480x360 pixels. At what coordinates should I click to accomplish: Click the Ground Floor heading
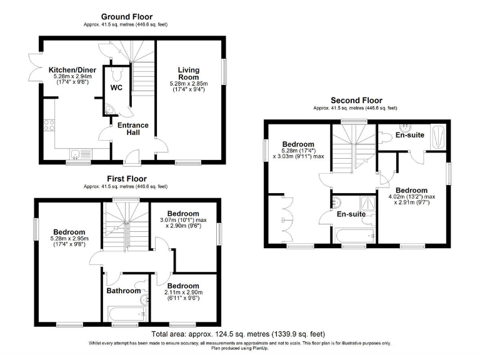click(126, 16)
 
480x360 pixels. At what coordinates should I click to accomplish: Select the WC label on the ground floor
click(116, 87)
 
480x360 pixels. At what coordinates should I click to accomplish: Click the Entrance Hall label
click(133, 129)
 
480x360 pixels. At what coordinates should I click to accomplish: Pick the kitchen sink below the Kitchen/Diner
click(77, 154)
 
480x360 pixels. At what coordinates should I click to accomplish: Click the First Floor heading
click(126, 178)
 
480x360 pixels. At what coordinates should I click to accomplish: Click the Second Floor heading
click(356, 100)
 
